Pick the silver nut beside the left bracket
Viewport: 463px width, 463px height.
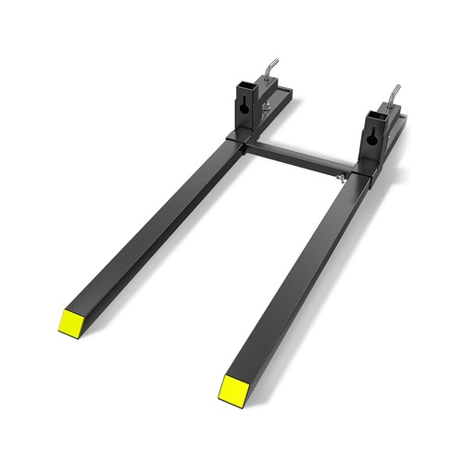pyautogui.click(x=267, y=108)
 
